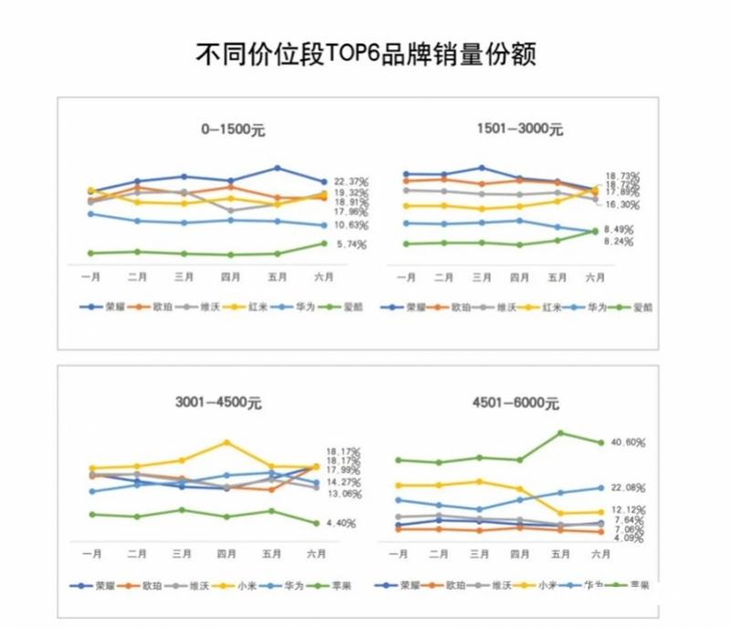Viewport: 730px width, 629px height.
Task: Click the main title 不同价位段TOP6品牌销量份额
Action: pyautogui.click(x=365, y=52)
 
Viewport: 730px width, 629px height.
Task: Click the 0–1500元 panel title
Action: pyautogui.click(x=234, y=130)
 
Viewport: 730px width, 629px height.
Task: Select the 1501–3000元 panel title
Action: pyautogui.click(x=519, y=129)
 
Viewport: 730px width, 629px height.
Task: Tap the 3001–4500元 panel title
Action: pyautogui.click(x=218, y=402)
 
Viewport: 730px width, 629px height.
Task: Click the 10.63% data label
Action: pyautogui.click(x=350, y=225)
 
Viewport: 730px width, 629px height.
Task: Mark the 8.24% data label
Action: pyautogui.click(x=619, y=242)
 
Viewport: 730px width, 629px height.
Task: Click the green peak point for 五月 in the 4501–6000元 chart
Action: pyautogui.click(x=560, y=433)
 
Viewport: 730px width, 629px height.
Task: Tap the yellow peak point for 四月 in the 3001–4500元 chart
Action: pyautogui.click(x=225, y=443)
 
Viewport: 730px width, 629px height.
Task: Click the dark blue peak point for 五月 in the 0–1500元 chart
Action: pyautogui.click(x=277, y=168)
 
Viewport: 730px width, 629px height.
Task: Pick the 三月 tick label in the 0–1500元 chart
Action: pyautogui.click(x=183, y=276)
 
